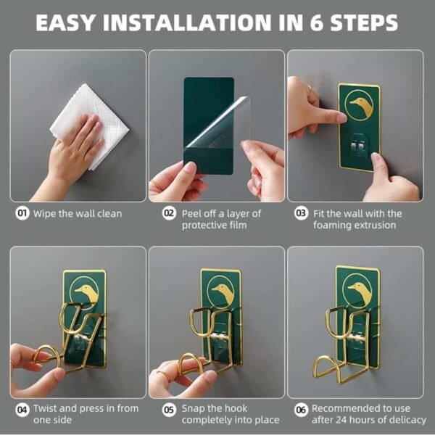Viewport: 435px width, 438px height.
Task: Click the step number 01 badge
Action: [22, 214]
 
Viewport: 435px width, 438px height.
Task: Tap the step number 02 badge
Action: [169, 214]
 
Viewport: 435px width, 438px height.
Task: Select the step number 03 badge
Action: [302, 214]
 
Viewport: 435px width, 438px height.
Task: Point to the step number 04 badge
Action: [22, 410]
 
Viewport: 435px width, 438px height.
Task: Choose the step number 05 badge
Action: [169, 410]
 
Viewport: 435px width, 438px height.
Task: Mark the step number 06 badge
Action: [302, 410]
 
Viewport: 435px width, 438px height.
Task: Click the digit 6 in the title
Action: [316, 22]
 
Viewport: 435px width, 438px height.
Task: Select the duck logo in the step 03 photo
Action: [359, 105]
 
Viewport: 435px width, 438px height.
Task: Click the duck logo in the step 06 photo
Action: [357, 291]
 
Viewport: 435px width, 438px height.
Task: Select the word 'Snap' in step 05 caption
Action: [193, 409]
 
